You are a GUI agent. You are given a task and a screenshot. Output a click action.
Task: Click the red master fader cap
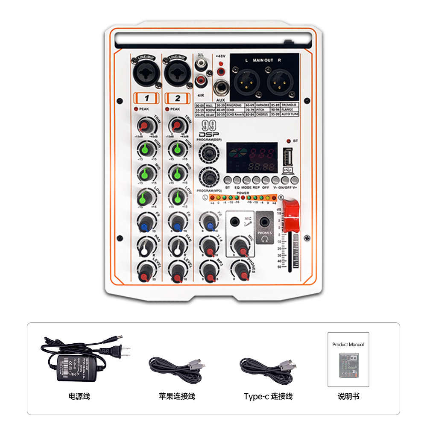tap(290, 216)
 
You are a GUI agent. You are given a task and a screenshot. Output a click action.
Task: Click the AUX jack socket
tap(221, 88)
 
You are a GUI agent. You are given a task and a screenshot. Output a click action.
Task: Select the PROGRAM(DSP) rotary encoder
tap(208, 152)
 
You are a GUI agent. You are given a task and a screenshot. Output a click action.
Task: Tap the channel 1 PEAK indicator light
tap(136, 109)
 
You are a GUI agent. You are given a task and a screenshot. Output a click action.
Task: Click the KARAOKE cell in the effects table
tap(263, 105)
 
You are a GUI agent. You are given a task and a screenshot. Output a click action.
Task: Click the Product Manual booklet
tap(348, 360)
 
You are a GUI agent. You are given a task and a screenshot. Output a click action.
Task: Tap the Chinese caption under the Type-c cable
tap(268, 396)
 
